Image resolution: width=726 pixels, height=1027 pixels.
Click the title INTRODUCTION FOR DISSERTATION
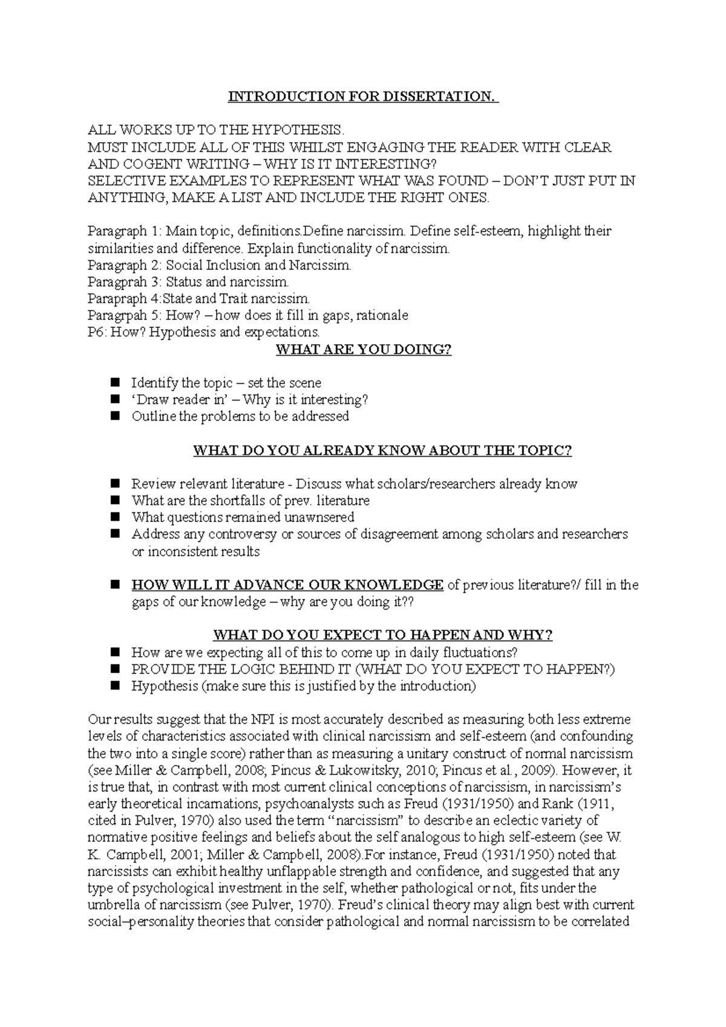[362, 97]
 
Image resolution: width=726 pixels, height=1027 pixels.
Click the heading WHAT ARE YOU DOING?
[363, 350]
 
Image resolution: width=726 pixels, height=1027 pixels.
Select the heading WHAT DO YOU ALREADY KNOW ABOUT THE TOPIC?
[382, 451]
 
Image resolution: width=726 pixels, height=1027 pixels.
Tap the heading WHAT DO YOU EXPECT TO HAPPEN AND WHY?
[382, 635]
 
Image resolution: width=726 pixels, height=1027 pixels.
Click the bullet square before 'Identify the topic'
[116, 383]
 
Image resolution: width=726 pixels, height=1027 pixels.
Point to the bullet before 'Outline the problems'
[116, 416]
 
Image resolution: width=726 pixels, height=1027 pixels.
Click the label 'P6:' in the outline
[97, 332]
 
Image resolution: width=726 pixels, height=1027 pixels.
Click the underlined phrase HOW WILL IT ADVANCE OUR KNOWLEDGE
[287, 585]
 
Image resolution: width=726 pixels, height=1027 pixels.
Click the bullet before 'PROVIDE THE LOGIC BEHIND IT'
[116, 669]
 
